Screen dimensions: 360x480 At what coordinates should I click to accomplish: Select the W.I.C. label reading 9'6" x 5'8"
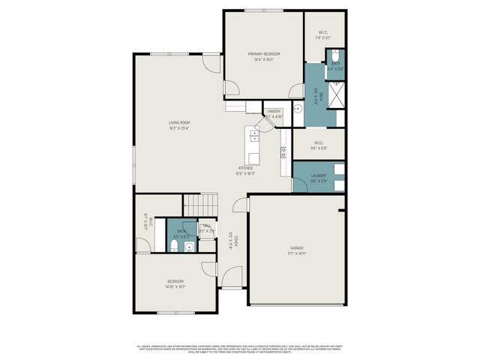[318, 145]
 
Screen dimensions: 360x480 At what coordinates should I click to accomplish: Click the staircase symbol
[200, 203]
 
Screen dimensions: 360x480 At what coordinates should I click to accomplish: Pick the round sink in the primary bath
[298, 108]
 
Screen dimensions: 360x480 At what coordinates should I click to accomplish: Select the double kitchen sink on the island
[254, 135]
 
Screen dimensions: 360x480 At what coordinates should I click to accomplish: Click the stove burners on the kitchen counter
[283, 153]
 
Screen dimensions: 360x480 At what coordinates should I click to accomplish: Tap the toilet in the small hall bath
[173, 245]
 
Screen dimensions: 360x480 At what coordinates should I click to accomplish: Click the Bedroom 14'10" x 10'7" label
[175, 283]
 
